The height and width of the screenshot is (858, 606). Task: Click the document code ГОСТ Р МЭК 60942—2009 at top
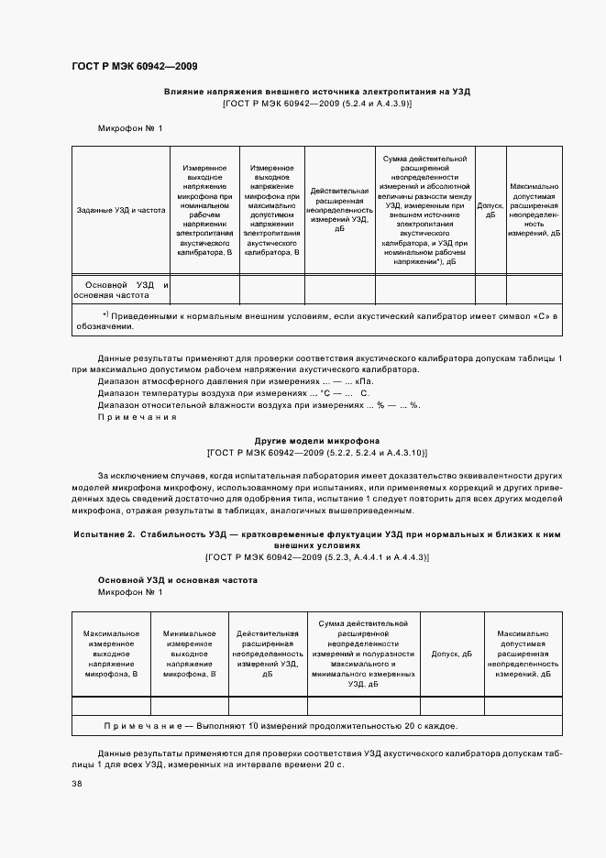(134, 66)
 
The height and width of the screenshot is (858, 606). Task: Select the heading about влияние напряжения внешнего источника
(316, 92)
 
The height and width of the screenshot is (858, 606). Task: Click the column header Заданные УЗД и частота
(121, 210)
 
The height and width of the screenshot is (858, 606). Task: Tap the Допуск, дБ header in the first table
(490, 210)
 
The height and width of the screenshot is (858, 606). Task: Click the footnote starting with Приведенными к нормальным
(316, 320)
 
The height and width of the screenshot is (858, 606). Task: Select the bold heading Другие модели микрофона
(316, 441)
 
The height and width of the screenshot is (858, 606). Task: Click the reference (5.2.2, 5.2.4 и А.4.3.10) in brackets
(316, 453)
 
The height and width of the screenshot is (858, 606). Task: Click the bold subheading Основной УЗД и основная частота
(177, 580)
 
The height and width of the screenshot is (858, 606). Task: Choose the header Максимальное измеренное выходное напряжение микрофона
(111, 654)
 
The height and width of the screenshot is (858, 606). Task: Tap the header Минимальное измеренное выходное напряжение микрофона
(189, 654)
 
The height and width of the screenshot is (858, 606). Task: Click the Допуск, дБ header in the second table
(451, 654)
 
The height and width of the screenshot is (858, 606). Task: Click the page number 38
(77, 784)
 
